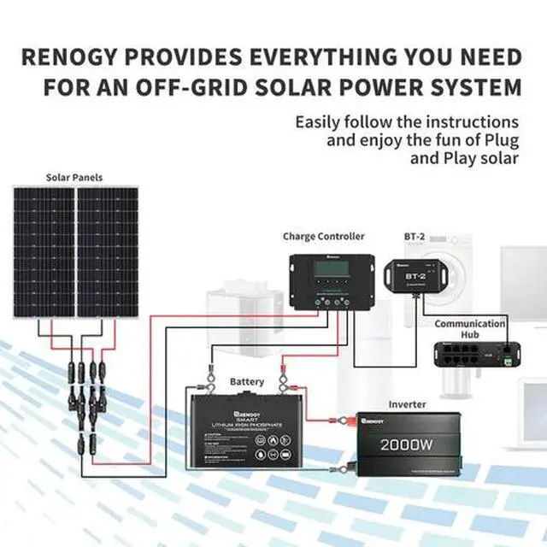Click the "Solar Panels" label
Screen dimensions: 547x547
[74, 178]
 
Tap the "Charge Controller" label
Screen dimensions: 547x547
[323, 236]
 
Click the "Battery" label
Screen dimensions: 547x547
[247, 381]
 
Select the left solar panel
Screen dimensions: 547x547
[43, 253]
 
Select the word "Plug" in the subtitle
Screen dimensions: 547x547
[498, 140]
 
